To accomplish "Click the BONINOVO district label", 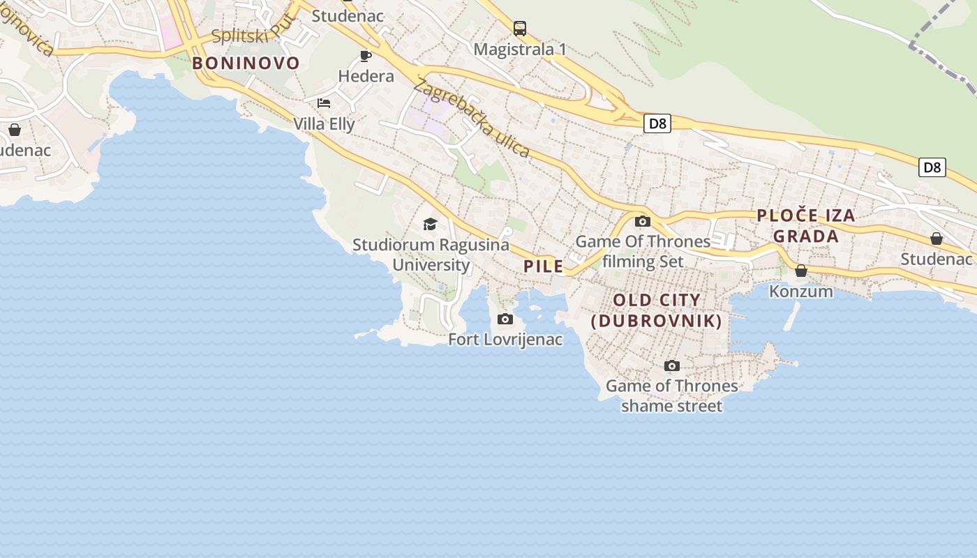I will coord(246,63).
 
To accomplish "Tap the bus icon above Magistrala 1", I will coord(520,29).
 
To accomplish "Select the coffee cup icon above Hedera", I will coord(366,56).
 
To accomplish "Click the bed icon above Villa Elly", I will coord(324,103).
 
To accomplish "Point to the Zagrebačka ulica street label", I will coord(472,119).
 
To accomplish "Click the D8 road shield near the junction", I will coord(657,124).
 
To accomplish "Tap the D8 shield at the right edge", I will coord(932,167).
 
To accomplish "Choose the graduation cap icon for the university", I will coord(431,224).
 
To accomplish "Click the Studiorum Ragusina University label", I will coord(431,255).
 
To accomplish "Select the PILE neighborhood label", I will coord(543,266).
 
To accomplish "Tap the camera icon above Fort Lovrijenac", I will coord(505,319).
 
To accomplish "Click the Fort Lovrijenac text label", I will coord(505,340).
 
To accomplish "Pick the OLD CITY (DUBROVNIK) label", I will coord(656,310).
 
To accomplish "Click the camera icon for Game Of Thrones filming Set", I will coord(643,222).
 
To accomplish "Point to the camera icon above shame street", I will coord(672,365).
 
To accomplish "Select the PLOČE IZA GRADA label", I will coord(806,225).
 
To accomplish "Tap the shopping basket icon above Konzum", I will coord(801,271).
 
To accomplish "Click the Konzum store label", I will coord(801,291).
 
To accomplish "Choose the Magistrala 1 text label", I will coord(520,49).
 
